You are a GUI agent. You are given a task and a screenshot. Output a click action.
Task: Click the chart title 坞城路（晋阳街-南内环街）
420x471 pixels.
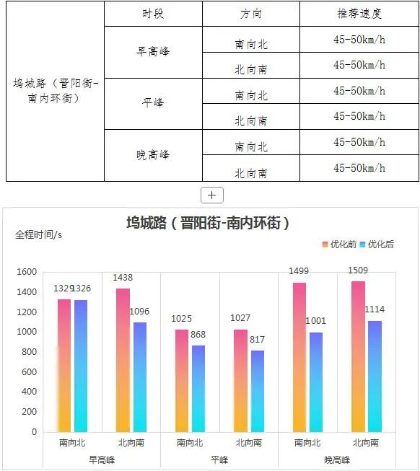coord(209,223)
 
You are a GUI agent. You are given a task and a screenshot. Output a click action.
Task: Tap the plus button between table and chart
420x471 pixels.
coord(211,195)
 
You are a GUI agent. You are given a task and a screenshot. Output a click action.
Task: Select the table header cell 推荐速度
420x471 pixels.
coord(359,14)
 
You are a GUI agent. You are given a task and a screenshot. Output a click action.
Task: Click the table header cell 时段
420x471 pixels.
coord(152,14)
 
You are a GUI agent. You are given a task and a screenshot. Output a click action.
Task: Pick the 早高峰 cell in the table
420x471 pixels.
coord(152,52)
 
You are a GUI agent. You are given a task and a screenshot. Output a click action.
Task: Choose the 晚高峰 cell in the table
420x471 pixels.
coord(152,155)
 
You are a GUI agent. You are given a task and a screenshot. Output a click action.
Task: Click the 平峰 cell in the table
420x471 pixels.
coord(152,103)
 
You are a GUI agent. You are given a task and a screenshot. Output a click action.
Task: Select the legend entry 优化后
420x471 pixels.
coord(376,245)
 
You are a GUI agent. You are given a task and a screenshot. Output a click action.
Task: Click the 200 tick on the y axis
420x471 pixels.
coord(29,412)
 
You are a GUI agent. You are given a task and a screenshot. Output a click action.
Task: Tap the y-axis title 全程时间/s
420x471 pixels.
coord(39,234)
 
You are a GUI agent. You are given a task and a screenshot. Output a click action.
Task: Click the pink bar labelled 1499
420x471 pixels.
coord(299,357)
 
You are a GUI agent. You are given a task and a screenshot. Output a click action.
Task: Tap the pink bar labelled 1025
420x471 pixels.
coord(182,380)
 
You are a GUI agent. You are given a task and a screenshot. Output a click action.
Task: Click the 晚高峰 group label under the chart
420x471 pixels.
coord(337,459)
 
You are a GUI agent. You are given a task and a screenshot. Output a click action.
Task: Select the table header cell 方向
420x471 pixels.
coord(250,14)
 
